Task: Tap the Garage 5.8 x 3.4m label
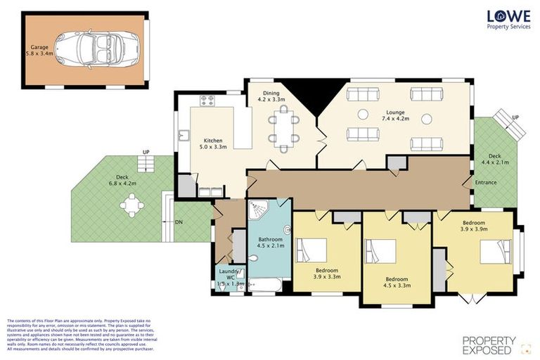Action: pyautogui.click(x=40, y=51)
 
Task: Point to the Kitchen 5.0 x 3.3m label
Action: pyautogui.click(x=213, y=143)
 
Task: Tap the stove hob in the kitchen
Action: pyautogui.click(x=207, y=101)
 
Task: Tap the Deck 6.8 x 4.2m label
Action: pyautogui.click(x=122, y=181)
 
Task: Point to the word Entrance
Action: pyautogui.click(x=486, y=182)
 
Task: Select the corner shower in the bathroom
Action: pyautogui.click(x=258, y=209)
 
